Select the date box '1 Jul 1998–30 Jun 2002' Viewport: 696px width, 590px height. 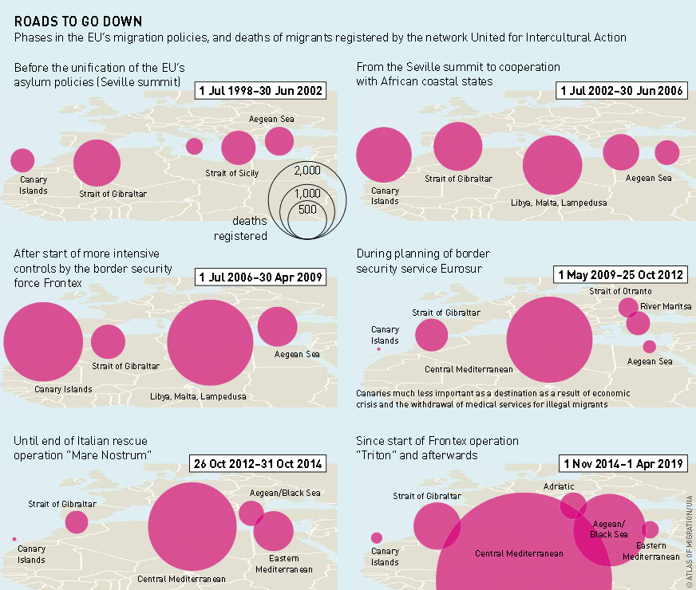click(x=260, y=90)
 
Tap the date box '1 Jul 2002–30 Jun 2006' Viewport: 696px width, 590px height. click(x=622, y=90)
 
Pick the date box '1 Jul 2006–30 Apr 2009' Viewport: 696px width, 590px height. click(x=260, y=277)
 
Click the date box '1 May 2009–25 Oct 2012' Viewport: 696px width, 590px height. click(x=620, y=275)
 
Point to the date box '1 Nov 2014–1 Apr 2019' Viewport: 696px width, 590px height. click(x=622, y=463)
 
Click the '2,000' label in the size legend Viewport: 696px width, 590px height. click(x=306, y=171)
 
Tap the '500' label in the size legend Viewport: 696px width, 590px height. click(x=306, y=210)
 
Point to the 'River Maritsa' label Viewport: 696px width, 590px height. click(x=666, y=306)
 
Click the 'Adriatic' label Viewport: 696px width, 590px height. click(x=558, y=486)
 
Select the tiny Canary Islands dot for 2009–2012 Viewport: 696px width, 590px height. click(x=378, y=349)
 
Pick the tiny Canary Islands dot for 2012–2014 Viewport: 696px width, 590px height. click(x=14, y=539)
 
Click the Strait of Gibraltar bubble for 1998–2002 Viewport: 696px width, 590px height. click(x=97, y=162)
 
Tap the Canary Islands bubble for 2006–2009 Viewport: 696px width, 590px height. click(x=43, y=342)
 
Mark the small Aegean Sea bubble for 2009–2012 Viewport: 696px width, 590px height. click(x=649, y=346)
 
